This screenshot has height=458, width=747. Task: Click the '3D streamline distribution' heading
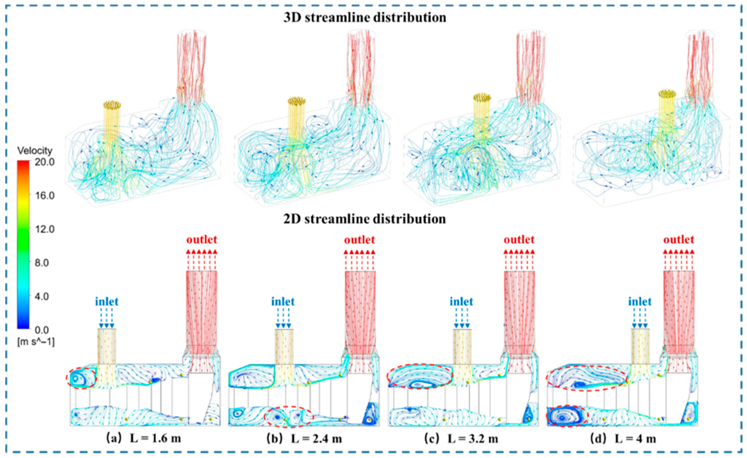[x=365, y=17]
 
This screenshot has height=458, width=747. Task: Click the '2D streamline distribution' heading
[x=365, y=219]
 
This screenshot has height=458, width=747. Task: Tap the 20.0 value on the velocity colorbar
[x=44, y=162]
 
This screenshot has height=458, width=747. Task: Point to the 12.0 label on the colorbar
[x=44, y=229]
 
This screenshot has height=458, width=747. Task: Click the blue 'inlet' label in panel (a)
[x=107, y=302]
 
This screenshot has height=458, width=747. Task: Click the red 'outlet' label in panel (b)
[x=360, y=240]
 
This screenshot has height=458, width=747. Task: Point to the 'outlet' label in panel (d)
[x=679, y=240]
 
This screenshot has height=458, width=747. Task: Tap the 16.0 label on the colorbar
[x=44, y=196]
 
